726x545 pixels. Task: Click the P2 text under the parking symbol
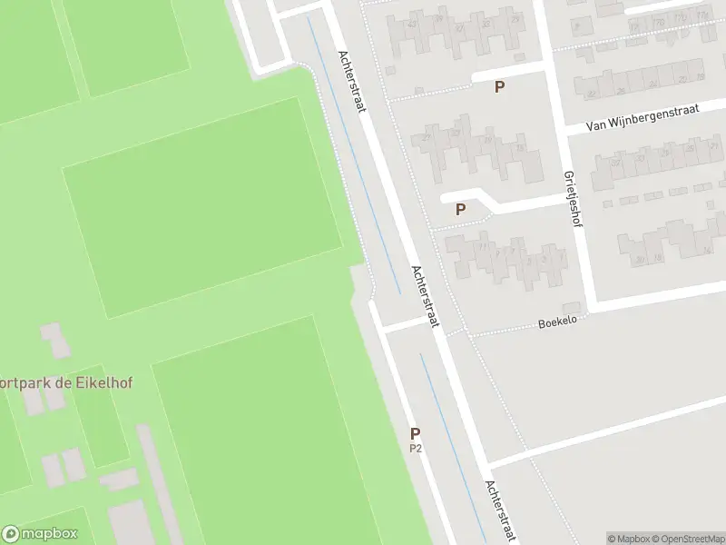[416, 448]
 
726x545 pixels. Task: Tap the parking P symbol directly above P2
[416, 434]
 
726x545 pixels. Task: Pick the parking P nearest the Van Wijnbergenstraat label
[498, 87]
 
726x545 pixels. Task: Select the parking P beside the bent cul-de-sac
[460, 209]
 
